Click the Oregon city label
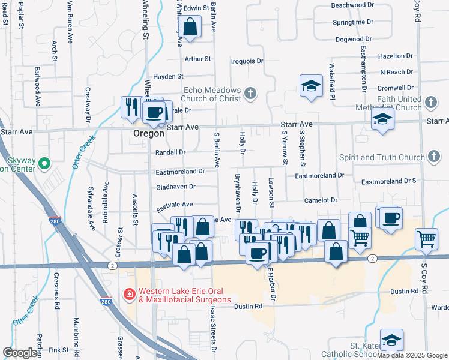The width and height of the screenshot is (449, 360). pyautogui.click(x=148, y=134)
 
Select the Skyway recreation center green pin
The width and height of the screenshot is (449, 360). pyautogui.click(x=44, y=163)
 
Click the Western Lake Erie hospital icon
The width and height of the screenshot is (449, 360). pyautogui.click(x=128, y=294)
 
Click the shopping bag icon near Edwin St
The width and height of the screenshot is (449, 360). pyautogui.click(x=190, y=27)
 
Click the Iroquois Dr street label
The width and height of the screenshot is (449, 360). pyautogui.click(x=247, y=61)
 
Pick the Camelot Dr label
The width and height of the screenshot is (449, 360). pyautogui.click(x=321, y=200)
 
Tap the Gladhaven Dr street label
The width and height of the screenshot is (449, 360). pyautogui.click(x=176, y=187)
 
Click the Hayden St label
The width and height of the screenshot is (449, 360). pyautogui.click(x=168, y=77)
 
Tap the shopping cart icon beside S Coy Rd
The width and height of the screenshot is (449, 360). pyautogui.click(x=426, y=239)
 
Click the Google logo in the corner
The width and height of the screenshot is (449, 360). pyautogui.click(x=20, y=353)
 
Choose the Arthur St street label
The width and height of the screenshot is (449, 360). pyautogui.click(x=198, y=59)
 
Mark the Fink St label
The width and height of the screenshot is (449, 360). pyautogui.click(x=59, y=349)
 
